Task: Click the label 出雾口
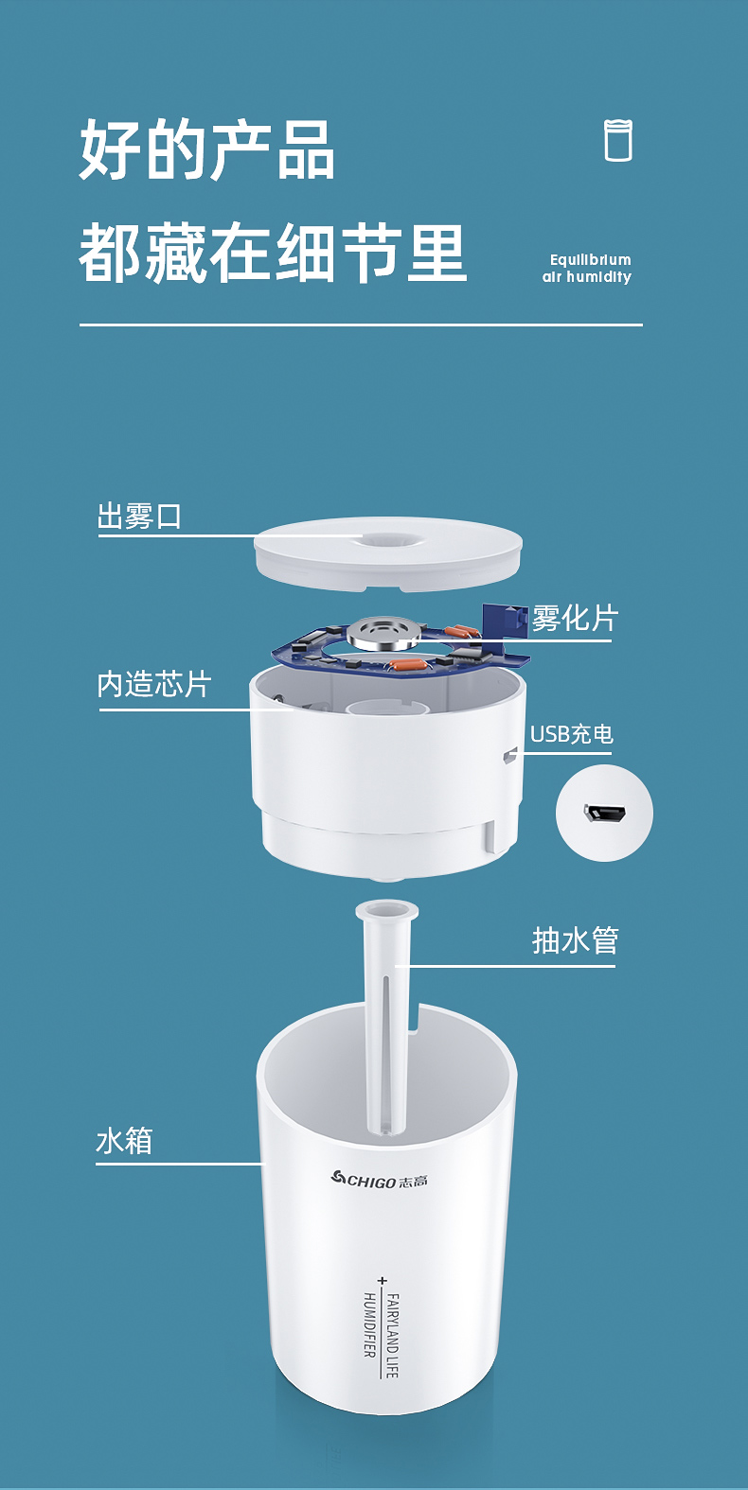click(139, 517)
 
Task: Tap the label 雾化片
click(575, 618)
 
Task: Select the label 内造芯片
click(154, 684)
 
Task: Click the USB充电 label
click(572, 734)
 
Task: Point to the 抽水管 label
click(575, 940)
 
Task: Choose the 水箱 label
click(124, 1140)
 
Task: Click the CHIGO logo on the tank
click(380, 1180)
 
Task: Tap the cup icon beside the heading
click(618, 140)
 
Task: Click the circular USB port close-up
click(604, 813)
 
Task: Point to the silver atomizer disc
click(384, 633)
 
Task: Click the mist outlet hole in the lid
click(386, 539)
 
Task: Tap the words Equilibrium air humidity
click(586, 268)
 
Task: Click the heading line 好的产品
click(207, 149)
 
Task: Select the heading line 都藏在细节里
click(273, 253)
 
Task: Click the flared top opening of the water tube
click(386, 909)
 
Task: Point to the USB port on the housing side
click(510, 755)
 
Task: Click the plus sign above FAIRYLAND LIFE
click(382, 1280)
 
